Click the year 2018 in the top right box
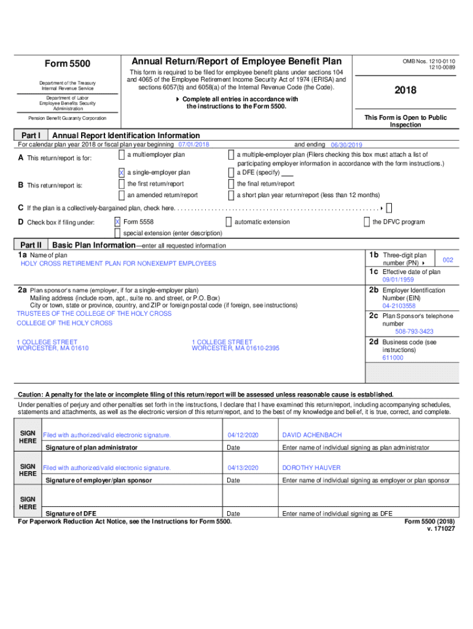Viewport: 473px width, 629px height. [405, 90]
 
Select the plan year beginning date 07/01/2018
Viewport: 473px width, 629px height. [193, 144]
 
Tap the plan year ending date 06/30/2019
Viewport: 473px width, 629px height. [346, 145]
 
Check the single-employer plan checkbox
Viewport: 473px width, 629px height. [121, 173]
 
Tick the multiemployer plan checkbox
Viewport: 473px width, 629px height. [121, 155]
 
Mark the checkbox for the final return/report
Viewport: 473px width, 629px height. [231, 184]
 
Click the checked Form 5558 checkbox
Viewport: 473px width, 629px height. [117, 222]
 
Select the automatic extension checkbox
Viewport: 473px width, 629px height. [229, 222]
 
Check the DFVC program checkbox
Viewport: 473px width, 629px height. [367, 222]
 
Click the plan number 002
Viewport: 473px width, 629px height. [448, 260]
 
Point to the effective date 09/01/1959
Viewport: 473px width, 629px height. [398, 279]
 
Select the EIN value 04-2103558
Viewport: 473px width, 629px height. [399, 305]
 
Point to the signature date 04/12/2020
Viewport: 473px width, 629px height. [243, 435]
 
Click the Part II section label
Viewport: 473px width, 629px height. [30, 245]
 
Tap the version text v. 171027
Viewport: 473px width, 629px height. [440, 528]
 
